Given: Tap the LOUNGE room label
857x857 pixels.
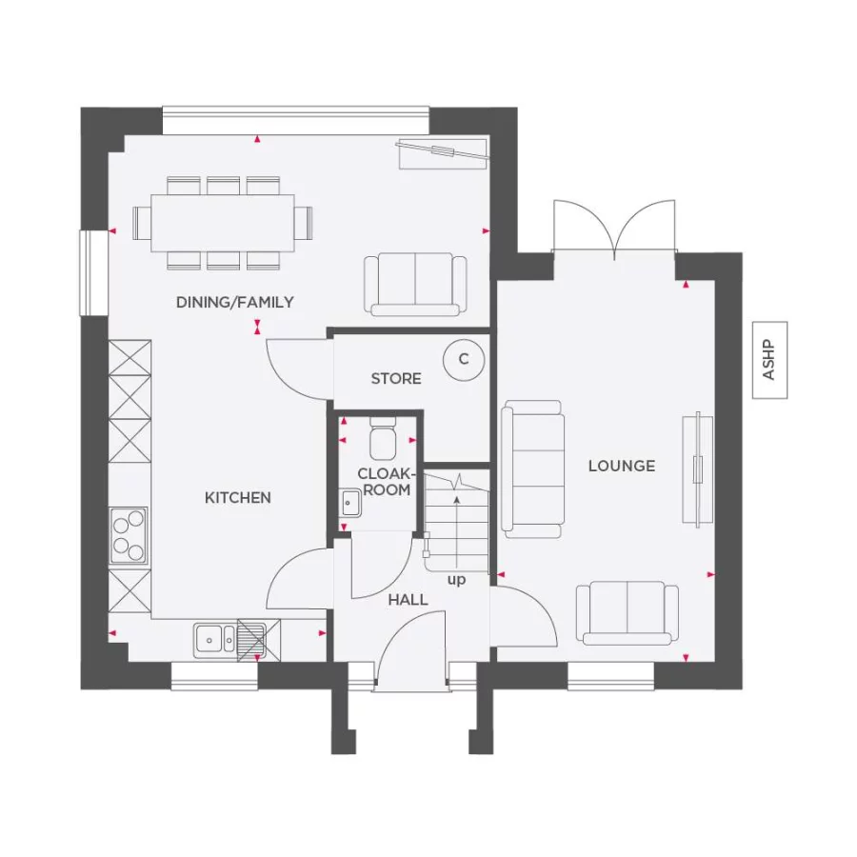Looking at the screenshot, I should (x=622, y=466).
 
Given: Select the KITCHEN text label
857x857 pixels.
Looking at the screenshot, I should (x=238, y=497).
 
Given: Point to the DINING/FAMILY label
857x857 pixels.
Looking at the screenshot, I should (x=235, y=302).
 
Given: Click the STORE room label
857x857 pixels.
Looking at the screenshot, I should (x=396, y=378).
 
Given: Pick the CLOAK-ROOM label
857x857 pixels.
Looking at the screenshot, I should (x=384, y=482).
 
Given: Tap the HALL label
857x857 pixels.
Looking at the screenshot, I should (x=408, y=600).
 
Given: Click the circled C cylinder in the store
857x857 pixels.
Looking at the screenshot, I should (x=464, y=359).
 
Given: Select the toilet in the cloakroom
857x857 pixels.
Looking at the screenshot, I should (x=383, y=440).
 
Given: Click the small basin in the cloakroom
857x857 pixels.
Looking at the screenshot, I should (x=349, y=502).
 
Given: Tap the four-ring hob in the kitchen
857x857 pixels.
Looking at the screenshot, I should (x=130, y=535).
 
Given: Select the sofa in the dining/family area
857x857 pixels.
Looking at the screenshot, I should (x=415, y=284).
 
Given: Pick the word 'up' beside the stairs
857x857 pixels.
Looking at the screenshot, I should (x=457, y=580).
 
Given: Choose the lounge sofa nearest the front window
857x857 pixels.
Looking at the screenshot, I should (x=628, y=613).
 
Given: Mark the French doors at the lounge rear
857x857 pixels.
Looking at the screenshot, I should (x=614, y=229).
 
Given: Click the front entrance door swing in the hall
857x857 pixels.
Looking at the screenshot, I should (x=412, y=650).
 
